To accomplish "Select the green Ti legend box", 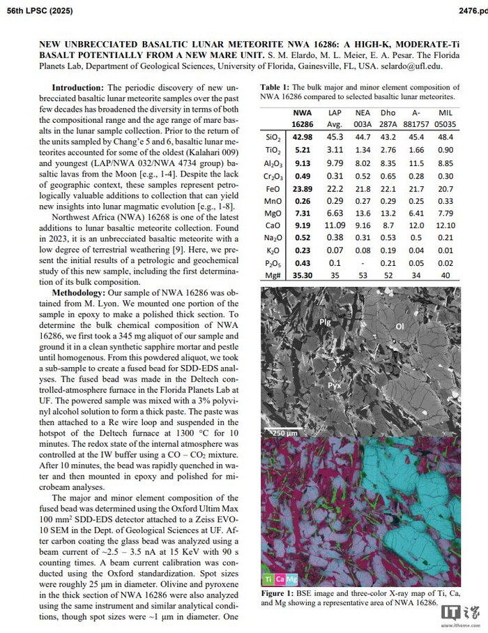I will (268, 579).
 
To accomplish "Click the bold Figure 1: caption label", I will (280, 593).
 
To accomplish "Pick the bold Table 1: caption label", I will (276, 87).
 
